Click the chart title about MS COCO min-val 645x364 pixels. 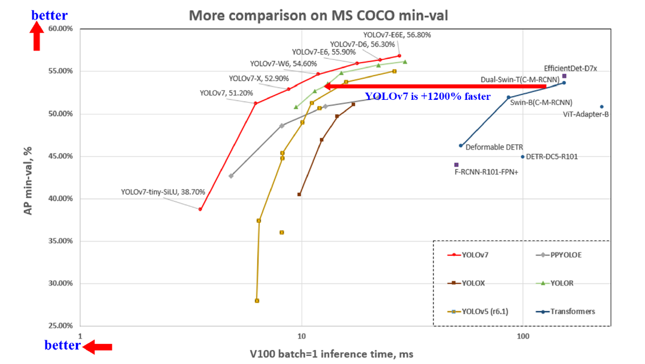318,15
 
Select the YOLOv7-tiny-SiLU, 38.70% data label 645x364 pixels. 163,192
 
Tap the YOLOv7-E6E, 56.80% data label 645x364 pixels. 397,35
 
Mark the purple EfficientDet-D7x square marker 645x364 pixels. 564,76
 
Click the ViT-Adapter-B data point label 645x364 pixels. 585,114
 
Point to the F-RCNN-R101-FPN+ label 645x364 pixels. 486,173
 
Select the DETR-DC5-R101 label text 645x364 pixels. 553,157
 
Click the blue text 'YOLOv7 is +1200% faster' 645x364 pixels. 428,96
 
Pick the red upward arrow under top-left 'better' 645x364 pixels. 37,38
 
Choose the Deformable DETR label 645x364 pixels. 494,148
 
